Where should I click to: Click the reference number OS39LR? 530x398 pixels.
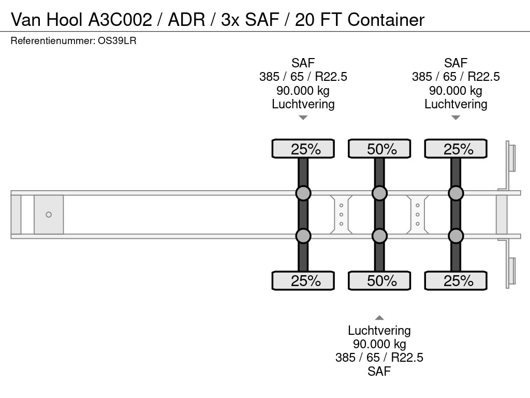pos(117,41)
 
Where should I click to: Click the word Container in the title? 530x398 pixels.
pos(386,20)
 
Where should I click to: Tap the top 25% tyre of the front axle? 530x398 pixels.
pos(303,149)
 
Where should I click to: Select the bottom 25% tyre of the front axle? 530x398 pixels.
pos(303,281)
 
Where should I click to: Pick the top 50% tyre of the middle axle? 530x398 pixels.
pos(379,149)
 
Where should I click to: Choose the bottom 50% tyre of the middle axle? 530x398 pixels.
pos(379,281)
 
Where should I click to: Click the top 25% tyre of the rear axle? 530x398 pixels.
pos(455,149)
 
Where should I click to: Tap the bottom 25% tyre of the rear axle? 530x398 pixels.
pos(455,281)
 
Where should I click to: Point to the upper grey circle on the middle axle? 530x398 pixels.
pos(379,193)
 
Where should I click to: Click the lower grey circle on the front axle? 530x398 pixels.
pos(303,236)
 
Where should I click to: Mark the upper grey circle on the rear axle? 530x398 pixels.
pos(455,193)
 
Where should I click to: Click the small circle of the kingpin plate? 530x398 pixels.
pos(49,215)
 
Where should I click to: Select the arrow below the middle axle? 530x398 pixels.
pos(379,318)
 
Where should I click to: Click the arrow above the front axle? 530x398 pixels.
pos(303,118)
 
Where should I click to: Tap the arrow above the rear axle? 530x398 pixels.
pos(455,118)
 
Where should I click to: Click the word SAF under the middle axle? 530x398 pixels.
pos(379,371)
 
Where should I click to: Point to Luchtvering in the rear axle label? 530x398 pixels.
pos(455,104)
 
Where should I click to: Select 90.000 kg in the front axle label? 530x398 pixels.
pos(303,91)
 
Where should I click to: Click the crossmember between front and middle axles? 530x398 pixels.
pos(342,215)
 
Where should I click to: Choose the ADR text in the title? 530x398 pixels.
pos(186,20)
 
